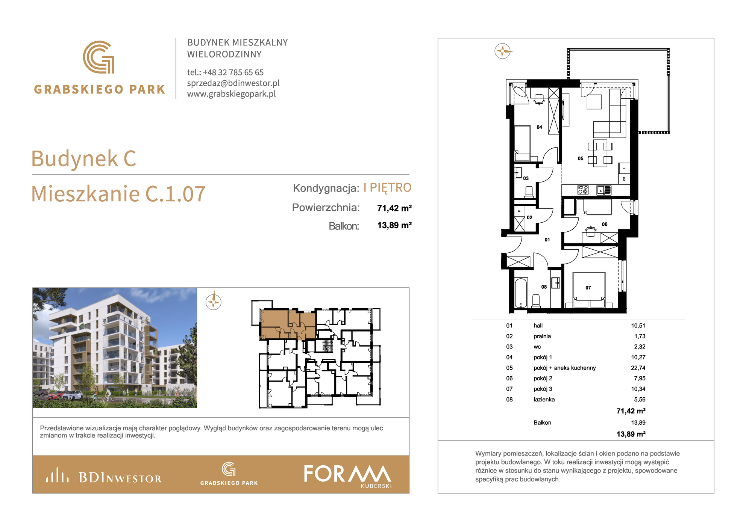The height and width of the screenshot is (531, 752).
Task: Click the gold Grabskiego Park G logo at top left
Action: [x=99, y=57]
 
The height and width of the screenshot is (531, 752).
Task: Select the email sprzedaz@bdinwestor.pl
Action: [x=233, y=83]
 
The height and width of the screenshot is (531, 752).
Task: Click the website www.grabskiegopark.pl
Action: [x=232, y=94]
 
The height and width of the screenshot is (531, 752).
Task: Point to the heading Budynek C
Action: [x=83, y=158]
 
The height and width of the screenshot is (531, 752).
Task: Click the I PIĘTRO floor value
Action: [x=387, y=187]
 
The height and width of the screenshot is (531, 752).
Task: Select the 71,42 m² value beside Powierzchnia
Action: [x=394, y=208]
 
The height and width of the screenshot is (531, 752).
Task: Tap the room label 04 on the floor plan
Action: [x=539, y=127]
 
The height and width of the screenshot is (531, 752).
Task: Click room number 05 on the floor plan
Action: [x=581, y=158]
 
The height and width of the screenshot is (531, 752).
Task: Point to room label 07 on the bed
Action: [x=588, y=288]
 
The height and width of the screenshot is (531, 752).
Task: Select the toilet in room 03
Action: [x=529, y=192]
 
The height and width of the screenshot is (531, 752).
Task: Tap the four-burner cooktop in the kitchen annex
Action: [x=583, y=190]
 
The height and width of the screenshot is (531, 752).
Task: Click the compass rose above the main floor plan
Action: [x=503, y=51]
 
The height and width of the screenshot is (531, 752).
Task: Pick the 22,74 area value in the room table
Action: [x=638, y=368]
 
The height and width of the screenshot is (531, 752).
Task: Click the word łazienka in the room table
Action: [x=544, y=400]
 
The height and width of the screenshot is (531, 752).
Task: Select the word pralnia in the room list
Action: [x=542, y=336]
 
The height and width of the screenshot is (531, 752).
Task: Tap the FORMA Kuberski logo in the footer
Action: [x=347, y=476]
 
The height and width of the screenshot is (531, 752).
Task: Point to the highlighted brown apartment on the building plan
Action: [x=288, y=324]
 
